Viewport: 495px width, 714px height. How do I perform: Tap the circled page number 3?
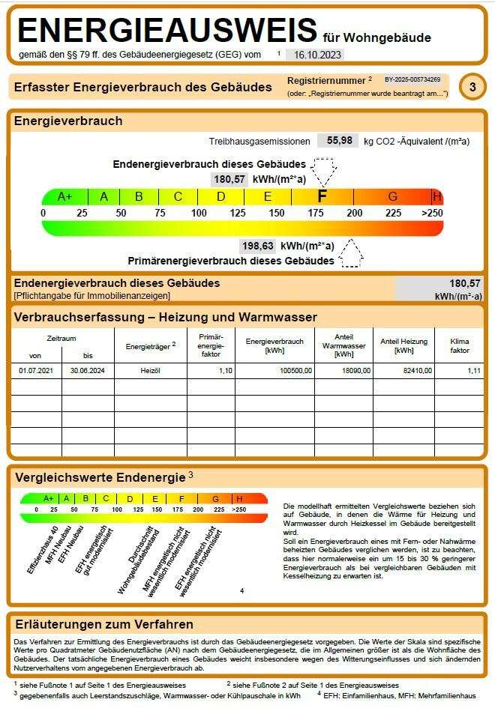472,87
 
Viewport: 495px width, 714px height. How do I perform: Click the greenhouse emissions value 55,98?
339,140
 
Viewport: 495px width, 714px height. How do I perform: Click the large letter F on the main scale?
322,196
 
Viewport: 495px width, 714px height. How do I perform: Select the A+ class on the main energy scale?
65,196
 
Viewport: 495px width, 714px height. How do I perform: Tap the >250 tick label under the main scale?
432,213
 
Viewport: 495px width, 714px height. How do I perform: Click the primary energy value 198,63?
257,246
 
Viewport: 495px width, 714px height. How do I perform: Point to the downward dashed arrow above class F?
324,172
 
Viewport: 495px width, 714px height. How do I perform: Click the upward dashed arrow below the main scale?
351,253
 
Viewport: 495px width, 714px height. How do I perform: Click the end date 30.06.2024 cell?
87,371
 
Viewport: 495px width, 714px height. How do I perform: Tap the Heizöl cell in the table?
150,371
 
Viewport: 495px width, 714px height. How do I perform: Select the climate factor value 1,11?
472,371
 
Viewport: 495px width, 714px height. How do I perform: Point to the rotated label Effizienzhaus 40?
43,551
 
